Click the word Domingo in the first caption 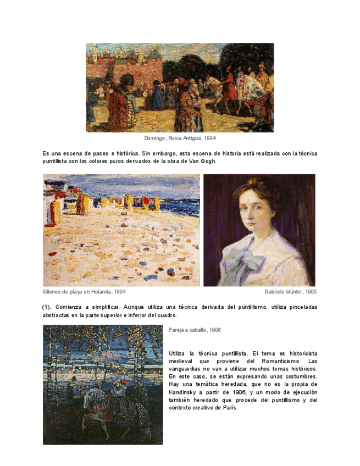[156, 138]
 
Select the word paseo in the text [101, 153]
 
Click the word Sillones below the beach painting [53, 292]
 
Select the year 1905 [311, 292]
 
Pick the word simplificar [103, 307]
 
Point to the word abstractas [57, 315]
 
